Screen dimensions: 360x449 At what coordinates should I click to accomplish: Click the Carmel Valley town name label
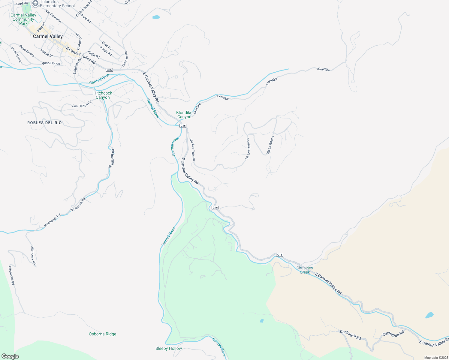point(48,36)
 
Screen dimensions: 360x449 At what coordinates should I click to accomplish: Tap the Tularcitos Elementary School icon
point(35,4)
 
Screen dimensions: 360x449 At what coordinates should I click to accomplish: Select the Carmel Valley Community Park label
point(23,19)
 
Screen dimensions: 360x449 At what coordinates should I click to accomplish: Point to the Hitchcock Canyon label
point(103,95)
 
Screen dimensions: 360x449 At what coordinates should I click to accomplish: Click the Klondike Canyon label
point(184,115)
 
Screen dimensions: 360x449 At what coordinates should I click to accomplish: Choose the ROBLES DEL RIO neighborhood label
point(44,123)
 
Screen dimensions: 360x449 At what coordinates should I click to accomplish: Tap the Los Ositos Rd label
point(82,104)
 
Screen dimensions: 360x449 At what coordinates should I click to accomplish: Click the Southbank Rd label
point(111,158)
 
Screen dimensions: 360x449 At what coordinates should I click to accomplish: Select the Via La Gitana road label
point(270,145)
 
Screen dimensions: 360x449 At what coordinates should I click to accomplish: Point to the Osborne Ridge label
point(102,334)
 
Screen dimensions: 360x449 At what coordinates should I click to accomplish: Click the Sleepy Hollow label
point(169,348)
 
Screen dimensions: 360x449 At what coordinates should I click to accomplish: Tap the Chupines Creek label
point(305,270)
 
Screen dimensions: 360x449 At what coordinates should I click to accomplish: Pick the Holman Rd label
point(125,59)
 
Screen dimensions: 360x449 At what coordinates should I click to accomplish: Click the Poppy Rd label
point(106,51)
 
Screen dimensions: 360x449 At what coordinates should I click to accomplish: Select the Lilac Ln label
point(107,46)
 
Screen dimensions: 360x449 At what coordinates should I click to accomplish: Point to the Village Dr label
point(47,53)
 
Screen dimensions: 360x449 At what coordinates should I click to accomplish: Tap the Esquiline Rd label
point(77,66)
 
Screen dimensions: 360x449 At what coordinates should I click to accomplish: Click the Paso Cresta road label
point(27,51)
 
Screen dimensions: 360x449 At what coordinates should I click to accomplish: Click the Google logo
point(10,356)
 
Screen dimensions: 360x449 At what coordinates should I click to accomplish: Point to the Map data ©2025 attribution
point(435,358)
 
